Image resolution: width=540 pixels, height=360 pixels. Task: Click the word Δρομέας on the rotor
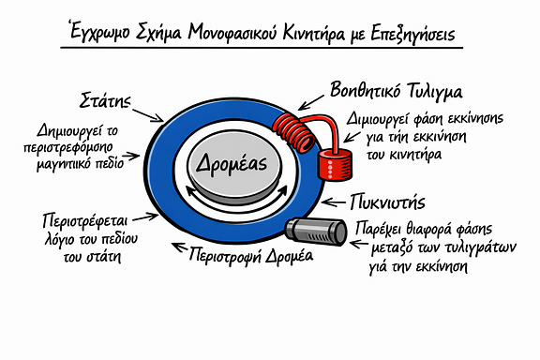(x=232, y=164)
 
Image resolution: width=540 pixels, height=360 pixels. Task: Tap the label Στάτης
(x=105, y=100)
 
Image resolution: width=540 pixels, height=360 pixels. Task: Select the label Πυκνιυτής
(x=387, y=202)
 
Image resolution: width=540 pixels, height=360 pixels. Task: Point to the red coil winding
(x=293, y=132)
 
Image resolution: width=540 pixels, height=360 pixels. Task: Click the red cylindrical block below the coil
(x=335, y=163)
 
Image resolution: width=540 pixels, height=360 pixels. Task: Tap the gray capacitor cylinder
(x=316, y=231)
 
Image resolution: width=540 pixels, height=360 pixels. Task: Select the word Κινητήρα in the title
(x=313, y=34)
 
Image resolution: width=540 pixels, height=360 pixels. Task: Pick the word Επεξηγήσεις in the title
(x=412, y=34)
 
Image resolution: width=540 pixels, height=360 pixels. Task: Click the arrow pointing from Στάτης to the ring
(x=148, y=115)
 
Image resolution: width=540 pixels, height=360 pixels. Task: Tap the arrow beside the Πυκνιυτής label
(x=334, y=202)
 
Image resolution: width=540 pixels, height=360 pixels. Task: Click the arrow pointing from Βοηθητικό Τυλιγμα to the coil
(x=310, y=103)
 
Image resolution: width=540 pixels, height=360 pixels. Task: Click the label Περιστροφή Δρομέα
(x=250, y=255)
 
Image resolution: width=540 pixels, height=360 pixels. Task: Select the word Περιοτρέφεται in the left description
(x=85, y=220)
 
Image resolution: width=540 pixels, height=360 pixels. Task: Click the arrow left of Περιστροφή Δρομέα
(x=179, y=247)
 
